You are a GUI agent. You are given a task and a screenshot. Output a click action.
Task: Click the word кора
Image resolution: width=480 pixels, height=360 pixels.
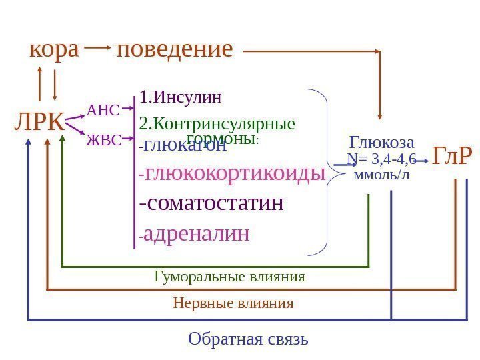pyautogui.click(x=54, y=49)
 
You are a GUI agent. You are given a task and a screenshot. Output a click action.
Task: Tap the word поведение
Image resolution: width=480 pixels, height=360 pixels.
pyautogui.click(x=175, y=49)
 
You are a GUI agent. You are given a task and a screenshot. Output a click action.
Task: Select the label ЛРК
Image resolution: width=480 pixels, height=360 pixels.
pyautogui.click(x=39, y=123)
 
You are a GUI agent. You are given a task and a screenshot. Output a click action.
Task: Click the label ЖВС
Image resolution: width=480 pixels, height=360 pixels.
pyautogui.click(x=103, y=140)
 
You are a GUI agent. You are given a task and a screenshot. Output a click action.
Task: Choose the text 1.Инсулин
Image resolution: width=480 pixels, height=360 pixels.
pyautogui.click(x=181, y=98)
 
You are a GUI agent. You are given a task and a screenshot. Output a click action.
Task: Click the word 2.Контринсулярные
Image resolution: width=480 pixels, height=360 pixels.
pyautogui.click(x=217, y=124)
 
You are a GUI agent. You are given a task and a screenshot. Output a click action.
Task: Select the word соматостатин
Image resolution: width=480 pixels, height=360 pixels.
pyautogui.click(x=212, y=203)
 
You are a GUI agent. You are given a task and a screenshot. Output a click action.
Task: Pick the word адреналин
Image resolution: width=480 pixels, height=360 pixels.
pyautogui.click(x=196, y=233)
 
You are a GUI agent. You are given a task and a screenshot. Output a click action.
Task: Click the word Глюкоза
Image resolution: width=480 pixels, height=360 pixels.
pyautogui.click(x=382, y=143)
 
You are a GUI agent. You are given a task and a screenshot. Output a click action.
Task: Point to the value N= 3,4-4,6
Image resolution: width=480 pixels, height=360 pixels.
pyautogui.click(x=381, y=159)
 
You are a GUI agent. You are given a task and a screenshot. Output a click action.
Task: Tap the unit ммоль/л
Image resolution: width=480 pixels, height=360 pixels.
pyautogui.click(x=381, y=175)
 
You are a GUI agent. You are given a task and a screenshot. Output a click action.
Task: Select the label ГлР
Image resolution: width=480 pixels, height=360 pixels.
pyautogui.click(x=452, y=156)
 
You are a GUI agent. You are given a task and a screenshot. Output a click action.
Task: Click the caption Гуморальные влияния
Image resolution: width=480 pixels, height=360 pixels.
pyautogui.click(x=229, y=276)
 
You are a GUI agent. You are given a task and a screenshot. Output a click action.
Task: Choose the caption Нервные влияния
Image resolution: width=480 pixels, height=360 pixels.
pyautogui.click(x=233, y=303)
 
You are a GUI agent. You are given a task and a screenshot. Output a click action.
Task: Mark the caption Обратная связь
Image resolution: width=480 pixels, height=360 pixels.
pyautogui.click(x=248, y=339)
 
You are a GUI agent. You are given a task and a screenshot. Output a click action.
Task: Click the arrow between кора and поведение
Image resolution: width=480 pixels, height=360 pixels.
pyautogui.click(x=97, y=48)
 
